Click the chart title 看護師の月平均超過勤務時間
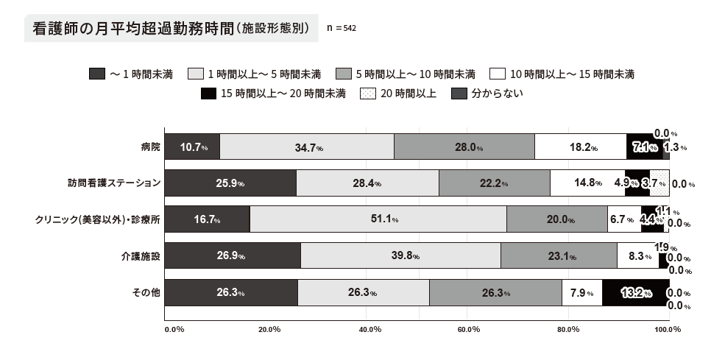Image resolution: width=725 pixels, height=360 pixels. coord(132,29)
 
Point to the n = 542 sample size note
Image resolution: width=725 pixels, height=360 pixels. coord(342,28)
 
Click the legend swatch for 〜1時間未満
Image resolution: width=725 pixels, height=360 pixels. coord(97,74)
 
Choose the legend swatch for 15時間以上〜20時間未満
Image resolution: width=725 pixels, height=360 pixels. coord(209,93)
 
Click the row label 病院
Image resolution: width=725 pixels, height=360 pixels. coord(150,147)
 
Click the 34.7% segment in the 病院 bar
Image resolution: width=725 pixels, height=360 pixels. coord(307,147)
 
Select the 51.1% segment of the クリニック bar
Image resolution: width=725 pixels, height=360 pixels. coord(378,219)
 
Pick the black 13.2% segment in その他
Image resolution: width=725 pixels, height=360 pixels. coord(635,292)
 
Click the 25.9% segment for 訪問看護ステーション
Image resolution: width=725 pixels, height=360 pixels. coord(230,183)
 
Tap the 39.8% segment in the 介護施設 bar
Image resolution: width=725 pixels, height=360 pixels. coord(400,256)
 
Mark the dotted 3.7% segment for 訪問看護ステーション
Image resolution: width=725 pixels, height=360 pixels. coord(659,183)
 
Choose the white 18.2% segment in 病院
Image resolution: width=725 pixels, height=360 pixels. coord(580,147)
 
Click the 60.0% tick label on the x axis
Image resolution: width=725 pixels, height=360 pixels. coord(468,329)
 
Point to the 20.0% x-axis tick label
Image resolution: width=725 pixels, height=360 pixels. coord(269,329)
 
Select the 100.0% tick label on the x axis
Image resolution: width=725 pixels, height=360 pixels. coord(668,329)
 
